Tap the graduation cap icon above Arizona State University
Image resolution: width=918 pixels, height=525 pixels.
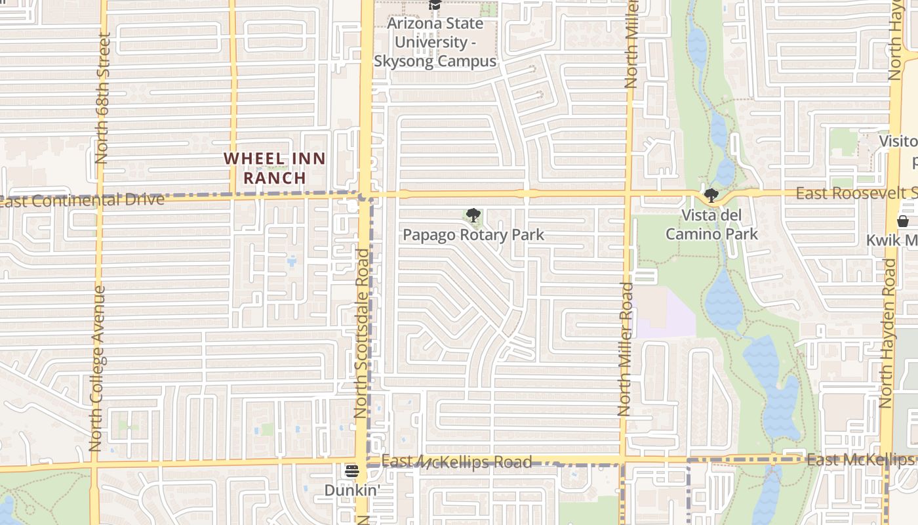(434, 5)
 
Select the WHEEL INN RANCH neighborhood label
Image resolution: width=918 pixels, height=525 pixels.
(275, 168)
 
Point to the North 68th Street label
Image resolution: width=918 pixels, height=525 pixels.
(102, 98)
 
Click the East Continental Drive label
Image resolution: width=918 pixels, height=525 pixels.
(82, 200)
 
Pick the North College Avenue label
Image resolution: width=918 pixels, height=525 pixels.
(96, 367)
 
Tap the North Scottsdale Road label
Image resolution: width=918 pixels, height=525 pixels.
(362, 333)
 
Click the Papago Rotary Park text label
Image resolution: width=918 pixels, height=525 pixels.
(473, 235)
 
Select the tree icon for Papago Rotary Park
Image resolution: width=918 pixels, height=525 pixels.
(473, 215)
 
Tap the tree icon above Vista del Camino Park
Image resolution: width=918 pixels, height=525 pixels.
(711, 196)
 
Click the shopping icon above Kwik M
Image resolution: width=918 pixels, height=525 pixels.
(903, 221)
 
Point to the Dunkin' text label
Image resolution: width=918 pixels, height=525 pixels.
(352, 491)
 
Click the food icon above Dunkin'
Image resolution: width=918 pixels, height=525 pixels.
(352, 471)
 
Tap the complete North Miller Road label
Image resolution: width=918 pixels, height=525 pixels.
(626, 349)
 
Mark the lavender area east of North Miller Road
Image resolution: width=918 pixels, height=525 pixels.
(666, 314)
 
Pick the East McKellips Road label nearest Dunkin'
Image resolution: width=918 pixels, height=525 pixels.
(456, 462)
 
